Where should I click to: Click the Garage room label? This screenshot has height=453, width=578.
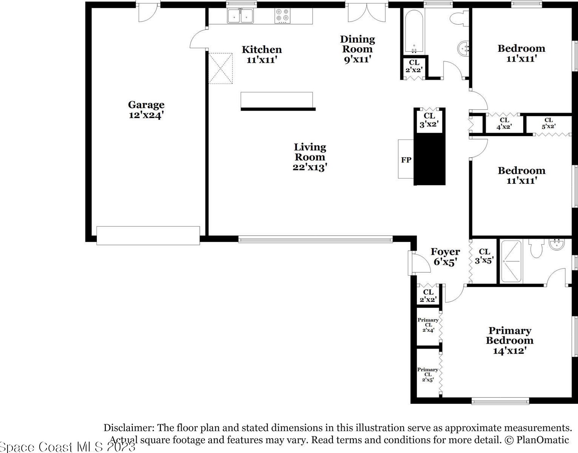pos(146,110)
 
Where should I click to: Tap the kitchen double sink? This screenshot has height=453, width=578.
pos(240,16)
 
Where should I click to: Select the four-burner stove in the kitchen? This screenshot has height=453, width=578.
pos(283,16)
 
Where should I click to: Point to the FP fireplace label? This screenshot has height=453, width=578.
pos(406,160)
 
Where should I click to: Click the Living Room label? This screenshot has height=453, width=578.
pos(310,157)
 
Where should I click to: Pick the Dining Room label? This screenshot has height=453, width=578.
pos(357,49)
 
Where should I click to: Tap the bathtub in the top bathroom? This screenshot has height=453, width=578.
pos(414,31)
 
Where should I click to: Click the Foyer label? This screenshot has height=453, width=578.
pos(445,256)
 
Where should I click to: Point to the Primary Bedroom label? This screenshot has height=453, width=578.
pos(510,341)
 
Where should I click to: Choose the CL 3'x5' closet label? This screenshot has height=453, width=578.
pos(484,256)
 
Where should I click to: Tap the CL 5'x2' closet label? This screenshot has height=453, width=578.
pos(548,123)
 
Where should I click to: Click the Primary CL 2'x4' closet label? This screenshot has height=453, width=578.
pos(428,325)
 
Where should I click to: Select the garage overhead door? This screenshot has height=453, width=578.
pos(148,236)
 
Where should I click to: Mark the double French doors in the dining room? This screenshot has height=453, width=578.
pos(367,13)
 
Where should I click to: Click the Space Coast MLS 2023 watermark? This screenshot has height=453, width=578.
pos(68,447)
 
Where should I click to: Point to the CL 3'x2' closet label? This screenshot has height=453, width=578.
pos(429,120)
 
